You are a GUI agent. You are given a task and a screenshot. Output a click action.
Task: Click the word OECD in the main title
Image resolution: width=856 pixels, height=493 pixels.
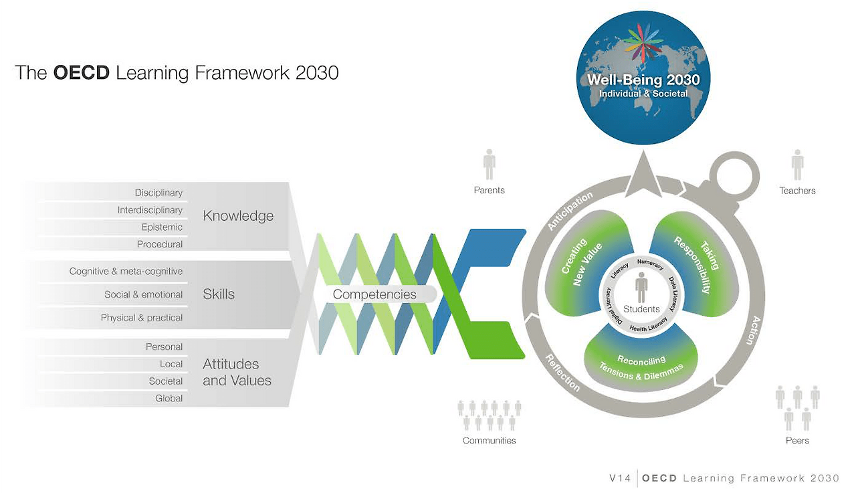pyautogui.click(x=81, y=72)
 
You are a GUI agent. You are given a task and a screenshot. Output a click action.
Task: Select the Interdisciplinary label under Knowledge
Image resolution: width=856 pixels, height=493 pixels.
pyautogui.click(x=150, y=210)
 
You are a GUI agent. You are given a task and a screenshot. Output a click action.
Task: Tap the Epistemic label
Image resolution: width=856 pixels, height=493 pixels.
pyautogui.click(x=162, y=227)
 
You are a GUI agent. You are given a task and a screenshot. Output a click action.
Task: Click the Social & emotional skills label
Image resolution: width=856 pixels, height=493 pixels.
pyautogui.click(x=143, y=294)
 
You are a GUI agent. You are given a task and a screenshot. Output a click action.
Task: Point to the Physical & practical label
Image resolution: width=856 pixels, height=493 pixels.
pyautogui.click(x=141, y=318)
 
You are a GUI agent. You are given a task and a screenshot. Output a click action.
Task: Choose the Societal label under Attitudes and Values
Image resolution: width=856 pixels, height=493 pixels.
pyautogui.click(x=166, y=381)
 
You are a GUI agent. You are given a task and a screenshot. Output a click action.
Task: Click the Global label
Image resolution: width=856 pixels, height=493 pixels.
pyautogui.click(x=169, y=399)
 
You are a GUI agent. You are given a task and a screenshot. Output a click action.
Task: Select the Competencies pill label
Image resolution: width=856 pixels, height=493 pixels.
pyautogui.click(x=374, y=294)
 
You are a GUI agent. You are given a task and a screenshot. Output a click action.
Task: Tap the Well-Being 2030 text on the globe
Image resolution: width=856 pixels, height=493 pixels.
pyautogui.click(x=643, y=80)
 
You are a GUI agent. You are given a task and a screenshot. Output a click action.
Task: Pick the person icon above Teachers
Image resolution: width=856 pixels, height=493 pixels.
pyautogui.click(x=797, y=165)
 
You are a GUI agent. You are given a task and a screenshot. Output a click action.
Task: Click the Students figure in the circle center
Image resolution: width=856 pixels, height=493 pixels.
pyautogui.click(x=641, y=287)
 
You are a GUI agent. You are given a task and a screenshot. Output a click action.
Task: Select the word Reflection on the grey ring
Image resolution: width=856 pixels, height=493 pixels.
pyautogui.click(x=562, y=372)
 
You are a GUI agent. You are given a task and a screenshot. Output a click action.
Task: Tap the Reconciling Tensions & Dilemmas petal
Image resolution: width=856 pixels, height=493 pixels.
pyautogui.click(x=641, y=365)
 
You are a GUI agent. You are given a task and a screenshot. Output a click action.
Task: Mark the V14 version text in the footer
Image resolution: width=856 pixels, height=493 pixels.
pyautogui.click(x=620, y=478)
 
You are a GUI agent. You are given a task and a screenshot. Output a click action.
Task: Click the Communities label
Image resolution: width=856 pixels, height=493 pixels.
pyautogui.click(x=490, y=441)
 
